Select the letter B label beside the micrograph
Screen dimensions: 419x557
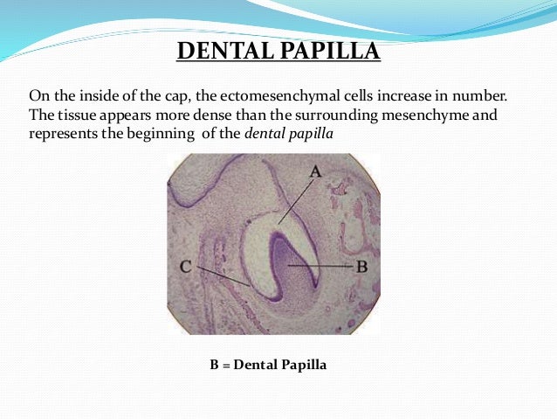(361, 265)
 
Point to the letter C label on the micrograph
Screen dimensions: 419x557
(186, 266)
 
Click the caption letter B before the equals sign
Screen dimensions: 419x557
(213, 364)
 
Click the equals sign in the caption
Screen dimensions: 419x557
(224, 364)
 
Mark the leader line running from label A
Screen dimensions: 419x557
(297, 200)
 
